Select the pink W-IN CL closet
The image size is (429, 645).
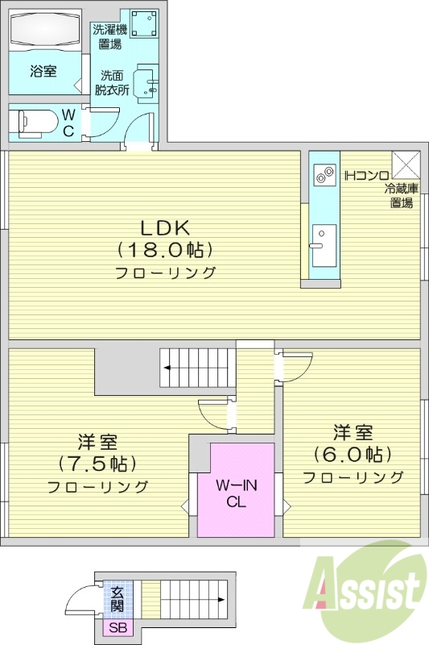(236, 491)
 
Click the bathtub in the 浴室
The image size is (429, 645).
(46, 30)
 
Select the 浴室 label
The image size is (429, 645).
(43, 72)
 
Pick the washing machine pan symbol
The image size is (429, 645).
(144, 23)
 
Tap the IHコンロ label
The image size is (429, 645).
(366, 174)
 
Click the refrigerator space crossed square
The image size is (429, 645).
(406, 164)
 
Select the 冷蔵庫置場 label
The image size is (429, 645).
(402, 196)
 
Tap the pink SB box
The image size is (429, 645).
(118, 628)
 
